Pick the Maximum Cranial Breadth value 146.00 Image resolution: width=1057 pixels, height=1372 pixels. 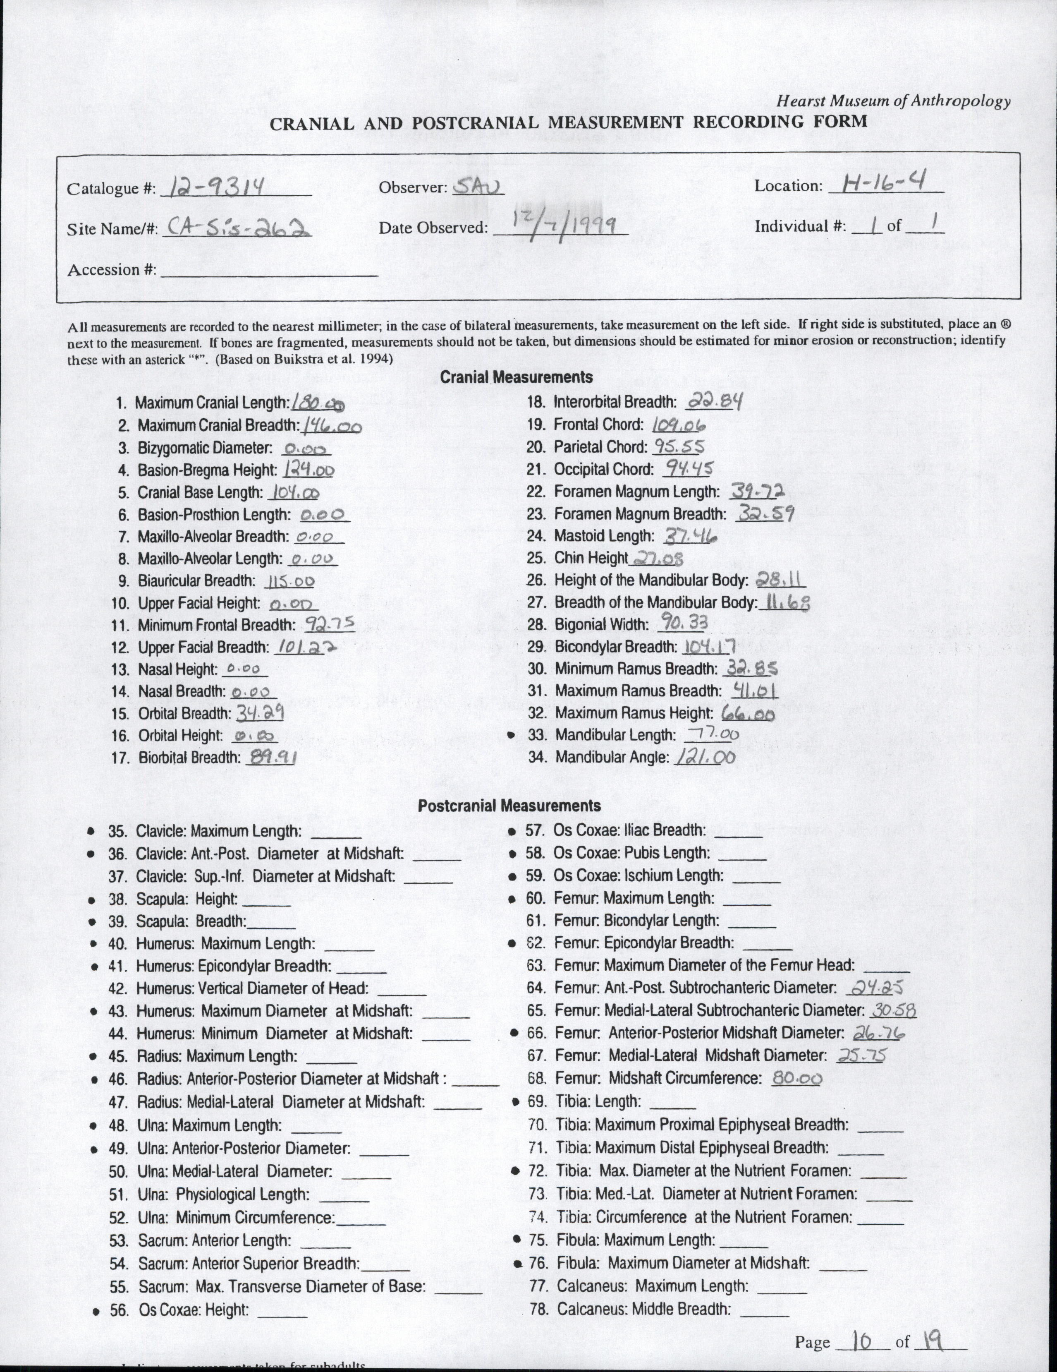(332, 427)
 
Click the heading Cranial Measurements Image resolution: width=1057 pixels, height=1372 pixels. (516, 377)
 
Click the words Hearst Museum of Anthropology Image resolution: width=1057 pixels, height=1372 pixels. (893, 101)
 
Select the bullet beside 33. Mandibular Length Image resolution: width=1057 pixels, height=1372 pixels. (511, 734)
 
